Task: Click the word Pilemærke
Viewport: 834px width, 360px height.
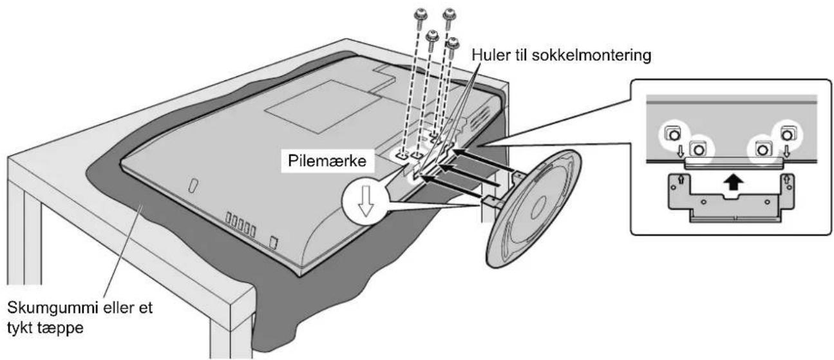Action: pyautogui.click(x=327, y=161)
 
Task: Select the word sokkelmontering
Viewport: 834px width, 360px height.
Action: pyautogui.click(x=591, y=55)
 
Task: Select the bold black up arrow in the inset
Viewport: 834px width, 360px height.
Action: pyautogui.click(x=733, y=182)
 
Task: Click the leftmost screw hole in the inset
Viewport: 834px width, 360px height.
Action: pyautogui.click(x=673, y=135)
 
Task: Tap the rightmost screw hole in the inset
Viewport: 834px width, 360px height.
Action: pyautogui.click(x=787, y=135)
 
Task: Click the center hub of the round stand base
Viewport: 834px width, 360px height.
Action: pyautogui.click(x=539, y=204)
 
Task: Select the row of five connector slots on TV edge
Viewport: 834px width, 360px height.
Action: pyautogui.click(x=241, y=225)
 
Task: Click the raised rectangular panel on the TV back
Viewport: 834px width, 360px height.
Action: pyautogui.click(x=323, y=106)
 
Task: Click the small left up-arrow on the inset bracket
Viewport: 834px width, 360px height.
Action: pyautogui.click(x=681, y=180)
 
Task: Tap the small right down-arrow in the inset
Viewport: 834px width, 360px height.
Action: pyautogui.click(x=787, y=151)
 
